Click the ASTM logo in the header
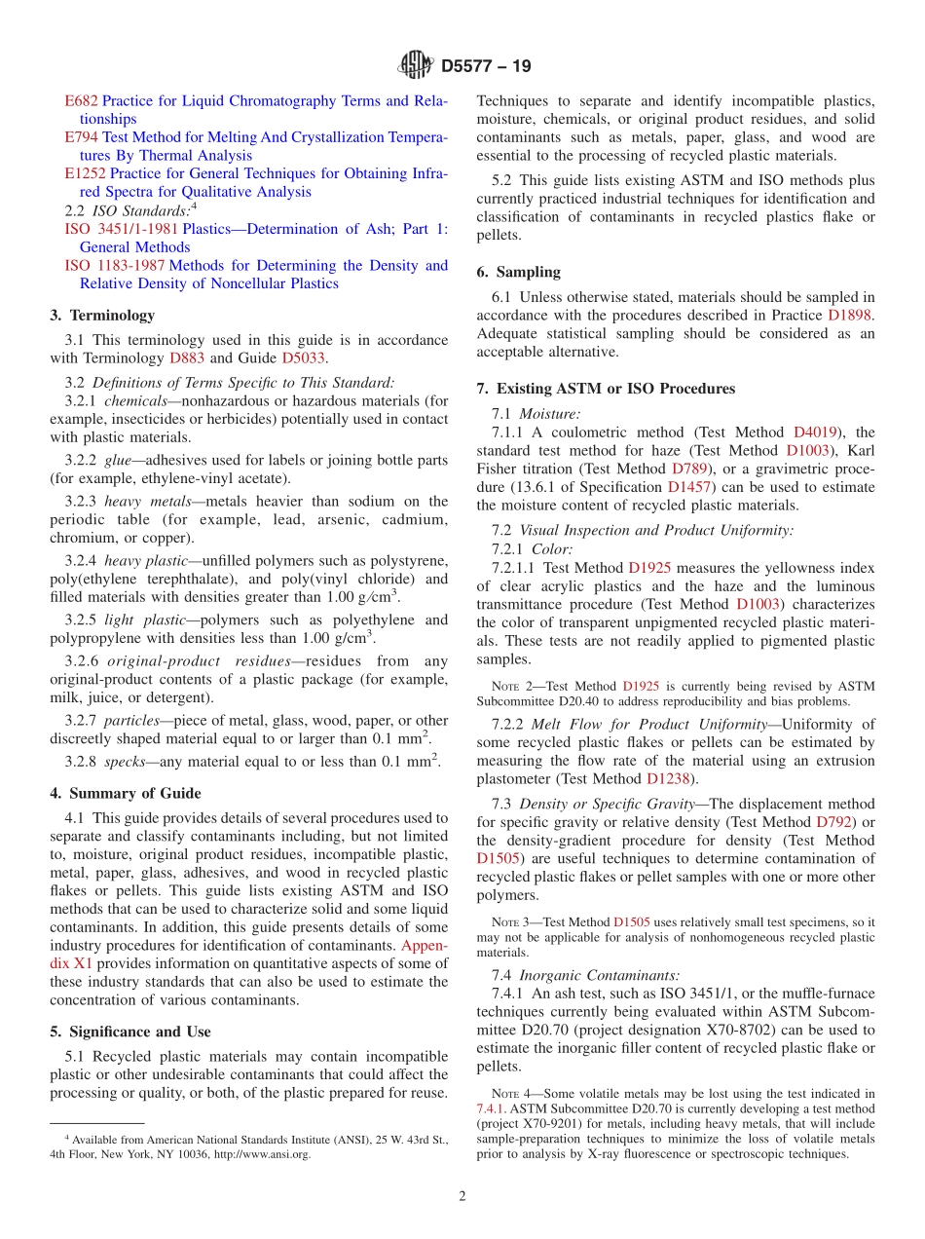(x=416, y=66)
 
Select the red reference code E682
(x=81, y=100)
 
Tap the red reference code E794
(x=81, y=137)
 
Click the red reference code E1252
(x=85, y=173)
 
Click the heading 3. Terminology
(x=102, y=316)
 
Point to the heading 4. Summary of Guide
(x=126, y=793)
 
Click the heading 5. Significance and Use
(x=130, y=1032)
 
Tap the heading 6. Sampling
(x=518, y=273)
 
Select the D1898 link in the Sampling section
(x=849, y=316)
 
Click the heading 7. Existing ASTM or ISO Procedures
(x=605, y=389)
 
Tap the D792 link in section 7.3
(x=834, y=822)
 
